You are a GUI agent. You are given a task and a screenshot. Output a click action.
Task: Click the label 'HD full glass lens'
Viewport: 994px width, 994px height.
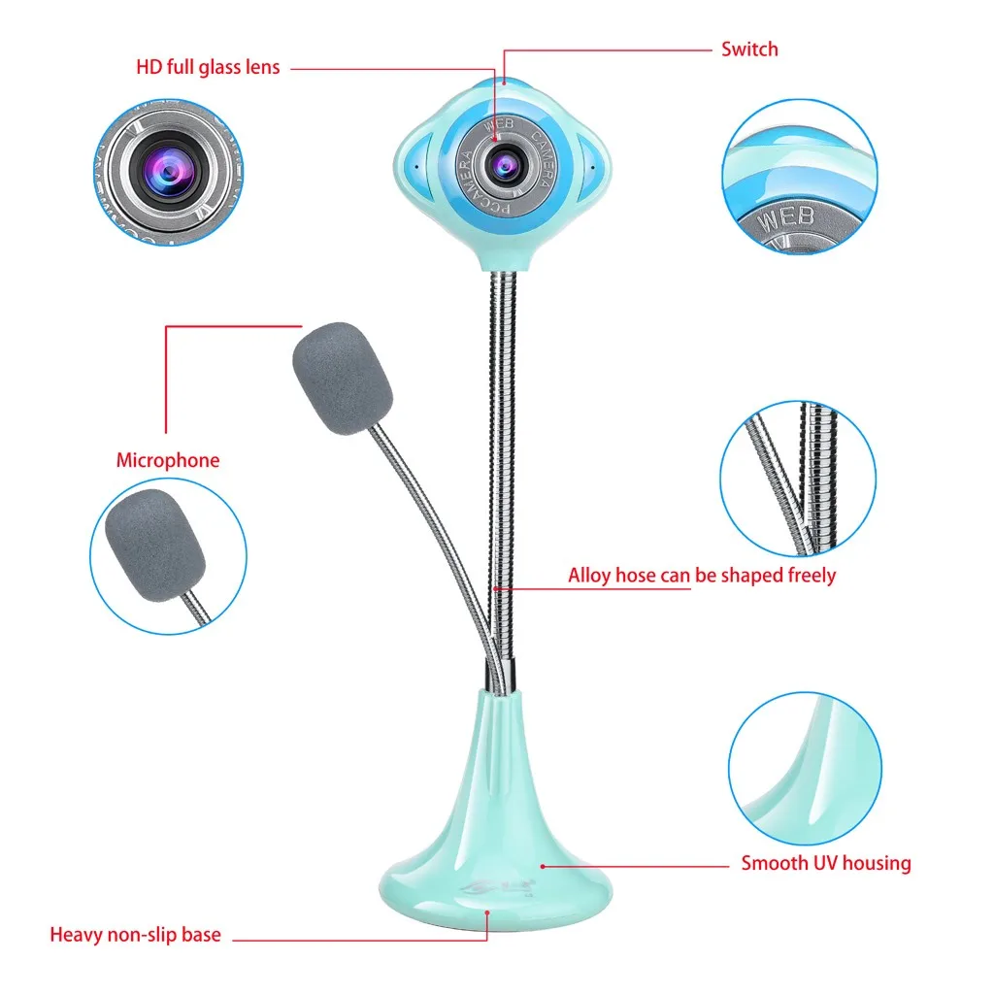[208, 68]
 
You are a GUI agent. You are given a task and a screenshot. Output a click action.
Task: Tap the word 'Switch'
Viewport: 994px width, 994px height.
[748, 49]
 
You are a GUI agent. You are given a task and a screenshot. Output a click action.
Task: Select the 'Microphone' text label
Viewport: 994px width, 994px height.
[168, 460]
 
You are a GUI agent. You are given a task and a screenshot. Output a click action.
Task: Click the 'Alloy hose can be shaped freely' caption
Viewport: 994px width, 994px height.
[701, 576]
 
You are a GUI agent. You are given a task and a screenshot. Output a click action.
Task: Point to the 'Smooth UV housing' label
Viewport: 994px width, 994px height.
[826, 863]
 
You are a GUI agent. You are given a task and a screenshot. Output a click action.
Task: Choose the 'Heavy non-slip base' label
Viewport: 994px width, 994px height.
[135, 936]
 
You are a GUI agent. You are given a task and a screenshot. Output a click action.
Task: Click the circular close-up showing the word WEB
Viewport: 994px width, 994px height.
[799, 175]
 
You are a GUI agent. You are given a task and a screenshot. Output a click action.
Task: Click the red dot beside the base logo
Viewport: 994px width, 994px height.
[543, 864]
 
